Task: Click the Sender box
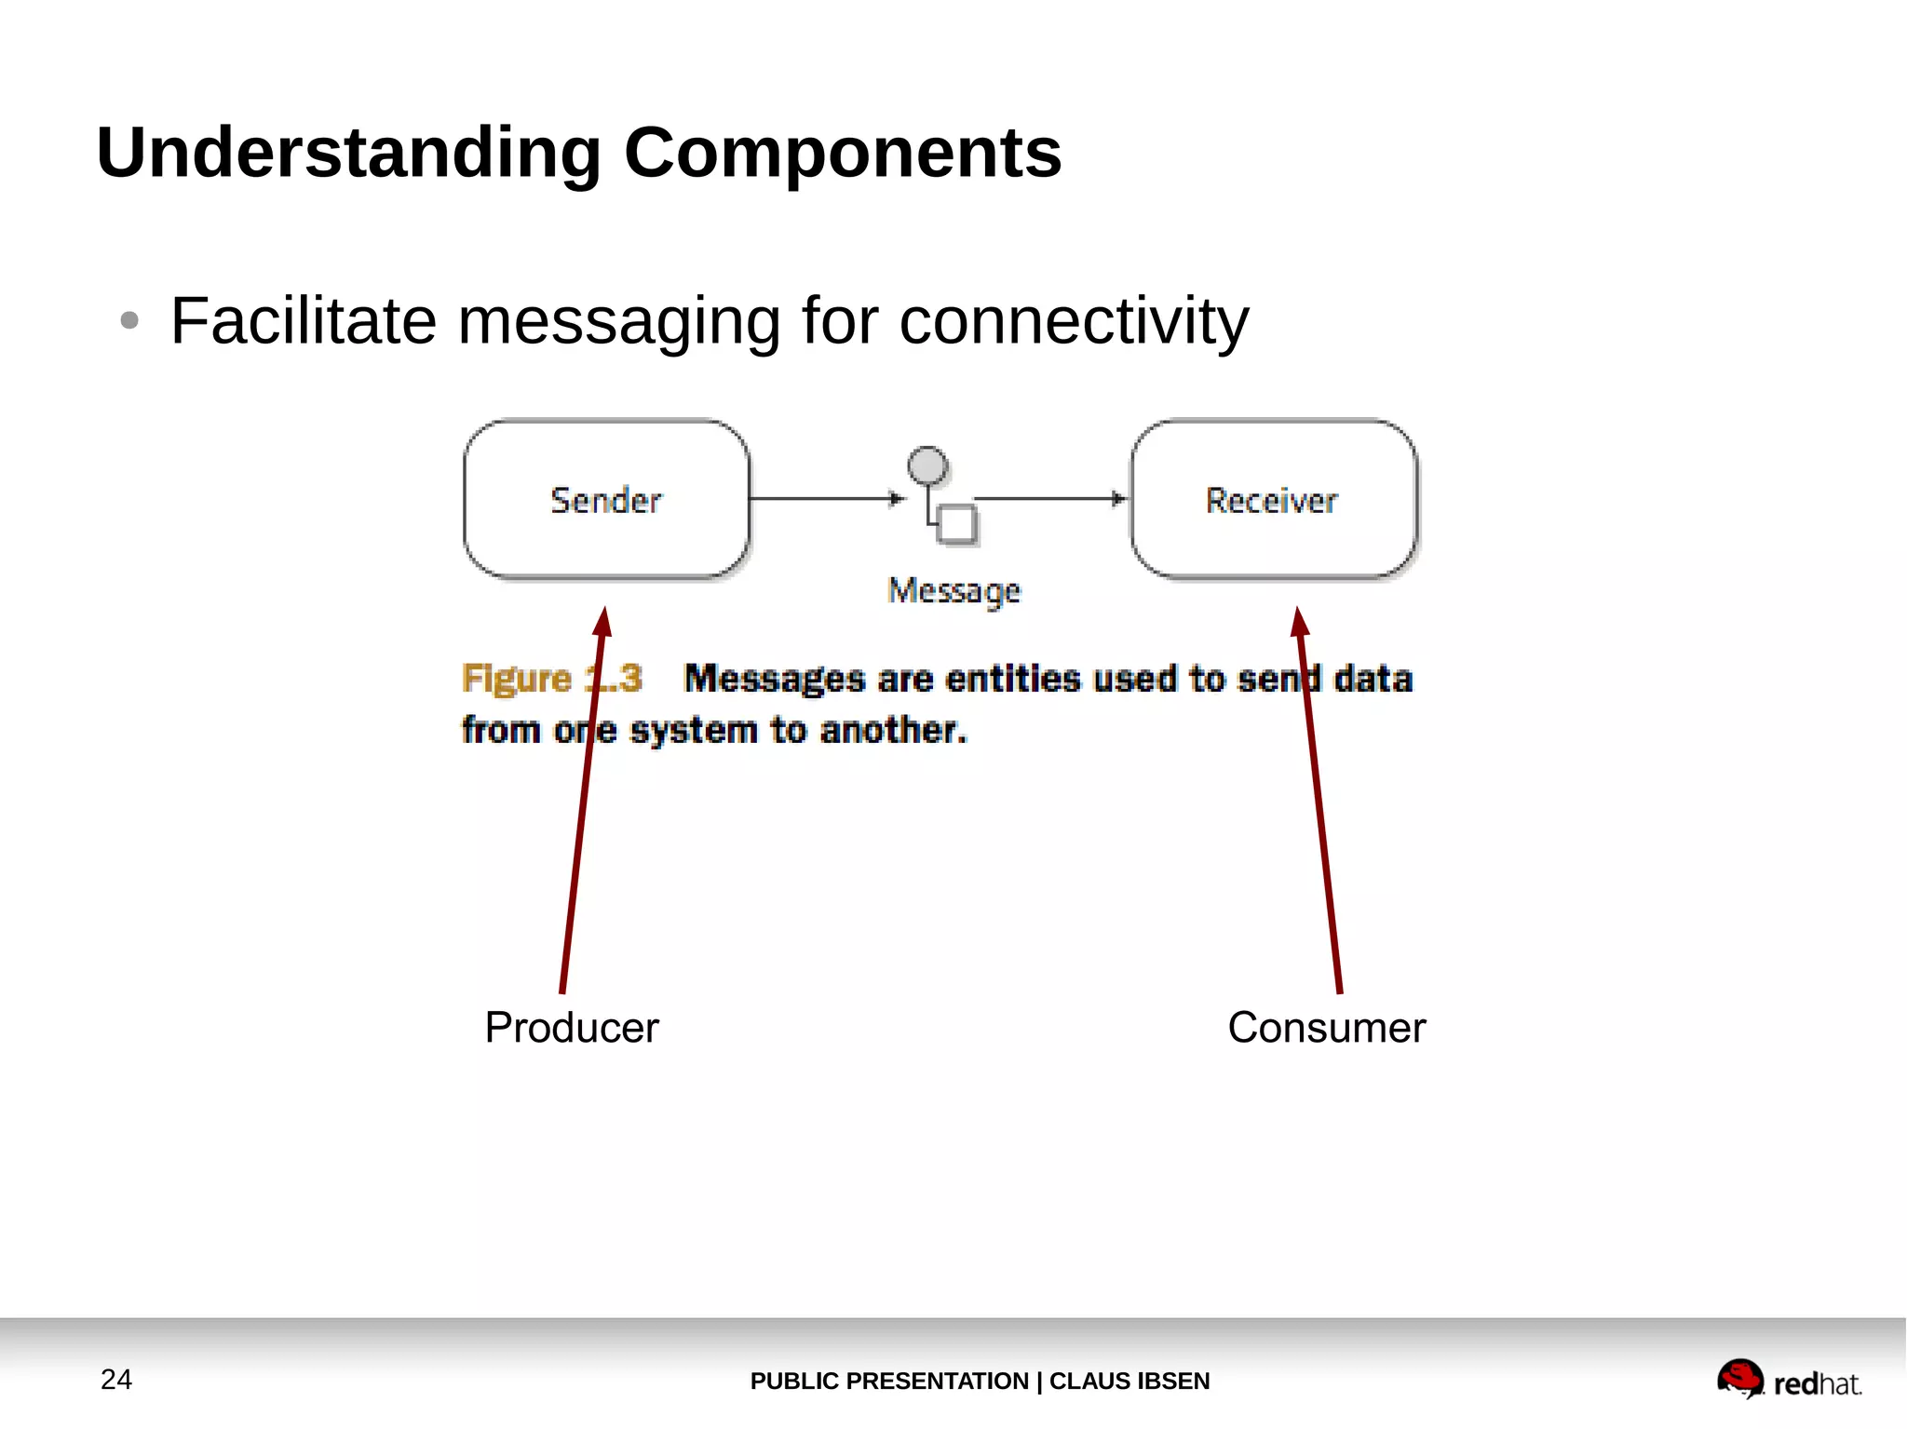[606, 500]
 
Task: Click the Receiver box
[1273, 500]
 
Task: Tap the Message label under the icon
[953, 590]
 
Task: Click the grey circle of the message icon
[927, 465]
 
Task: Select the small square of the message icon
[956, 523]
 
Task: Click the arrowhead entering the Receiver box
[1119, 499]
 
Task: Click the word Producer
[572, 1028]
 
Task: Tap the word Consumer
[1326, 1028]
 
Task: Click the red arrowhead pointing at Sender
[602, 622]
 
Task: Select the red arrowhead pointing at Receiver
[1299, 622]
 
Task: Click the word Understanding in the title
[349, 154]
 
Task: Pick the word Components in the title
[843, 154]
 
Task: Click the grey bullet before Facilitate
[129, 321]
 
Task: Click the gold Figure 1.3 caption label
[551, 678]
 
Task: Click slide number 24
[116, 1380]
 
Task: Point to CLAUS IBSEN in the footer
[1129, 1382]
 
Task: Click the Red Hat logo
[1788, 1380]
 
